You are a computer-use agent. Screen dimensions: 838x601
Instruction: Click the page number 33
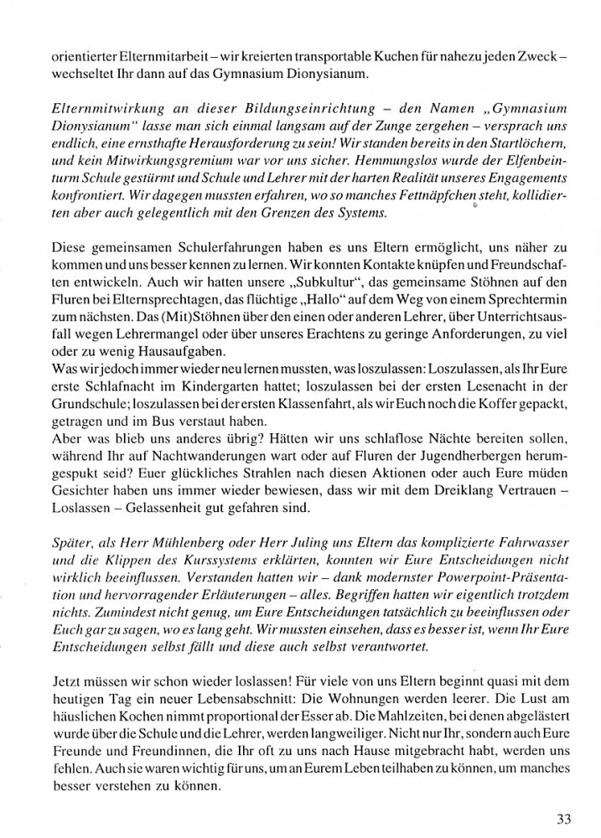pos(562,819)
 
